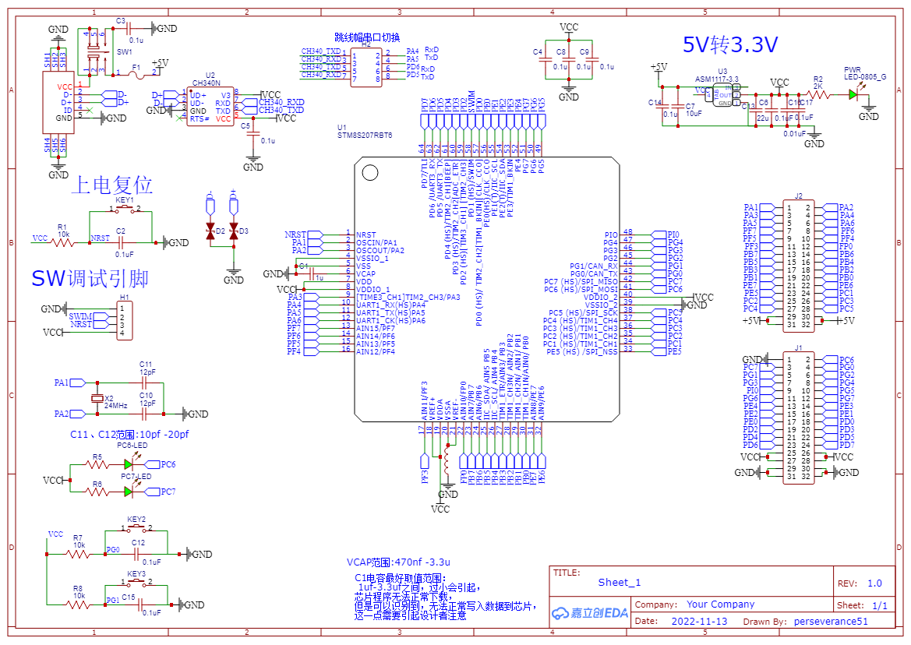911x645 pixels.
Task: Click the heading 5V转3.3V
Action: (729, 45)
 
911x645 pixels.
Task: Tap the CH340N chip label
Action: (206, 82)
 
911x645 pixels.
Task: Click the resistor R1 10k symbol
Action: (63, 242)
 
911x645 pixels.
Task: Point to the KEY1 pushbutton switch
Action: (125, 210)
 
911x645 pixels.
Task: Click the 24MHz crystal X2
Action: (97, 399)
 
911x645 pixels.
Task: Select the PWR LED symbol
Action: (853, 94)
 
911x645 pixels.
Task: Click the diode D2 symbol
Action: (210, 231)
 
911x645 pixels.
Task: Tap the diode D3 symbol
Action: (233, 231)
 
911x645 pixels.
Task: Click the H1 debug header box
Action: (124, 320)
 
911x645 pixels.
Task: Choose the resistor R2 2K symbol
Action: (818, 94)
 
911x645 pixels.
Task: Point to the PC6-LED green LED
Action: (129, 464)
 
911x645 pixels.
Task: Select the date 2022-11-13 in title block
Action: (699, 621)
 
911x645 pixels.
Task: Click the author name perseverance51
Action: (830, 621)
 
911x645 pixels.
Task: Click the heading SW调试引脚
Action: (90, 279)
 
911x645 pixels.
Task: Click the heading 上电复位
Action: (111, 185)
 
